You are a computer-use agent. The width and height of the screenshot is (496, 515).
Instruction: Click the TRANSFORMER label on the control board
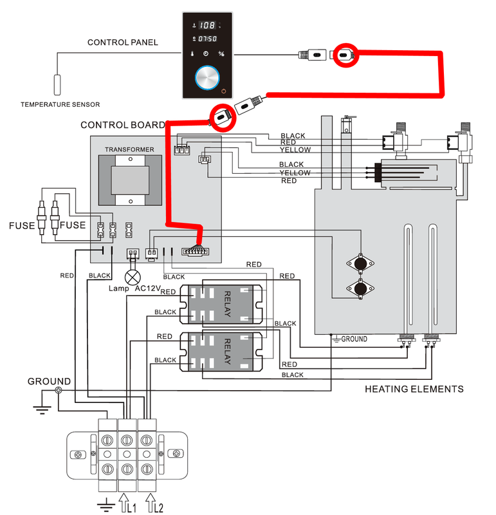(130, 149)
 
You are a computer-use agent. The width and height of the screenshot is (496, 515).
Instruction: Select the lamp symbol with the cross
(133, 277)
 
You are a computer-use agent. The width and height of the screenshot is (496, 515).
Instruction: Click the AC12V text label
(151, 288)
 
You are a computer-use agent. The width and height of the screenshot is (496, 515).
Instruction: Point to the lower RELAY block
(225, 351)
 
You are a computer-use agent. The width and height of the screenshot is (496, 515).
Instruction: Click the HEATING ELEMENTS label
(414, 389)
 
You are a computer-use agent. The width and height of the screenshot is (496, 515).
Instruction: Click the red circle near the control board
(222, 116)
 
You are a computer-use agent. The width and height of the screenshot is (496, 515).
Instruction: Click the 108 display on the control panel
(207, 26)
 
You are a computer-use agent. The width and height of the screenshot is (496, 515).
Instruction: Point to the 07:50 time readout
(206, 39)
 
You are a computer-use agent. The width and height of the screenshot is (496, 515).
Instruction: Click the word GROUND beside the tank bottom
(354, 339)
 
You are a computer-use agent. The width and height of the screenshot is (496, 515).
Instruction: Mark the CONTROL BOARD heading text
(122, 125)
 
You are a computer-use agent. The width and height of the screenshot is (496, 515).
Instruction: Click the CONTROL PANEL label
(123, 43)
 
